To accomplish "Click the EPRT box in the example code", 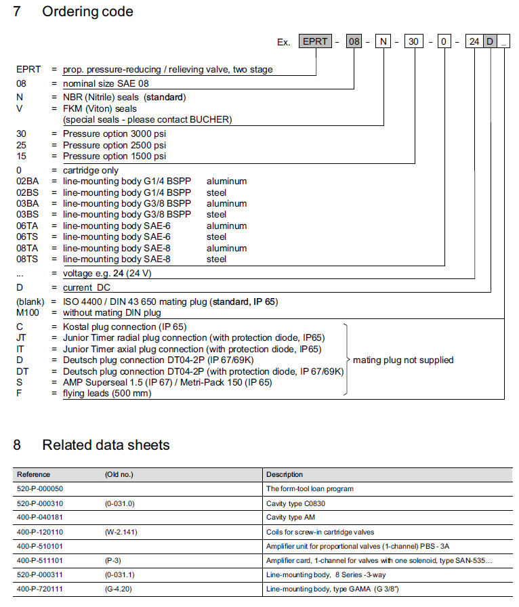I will point(315,42).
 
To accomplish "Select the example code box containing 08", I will point(354,42).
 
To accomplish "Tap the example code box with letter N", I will point(383,42).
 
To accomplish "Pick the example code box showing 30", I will point(414,42).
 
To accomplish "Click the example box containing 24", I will point(474,42).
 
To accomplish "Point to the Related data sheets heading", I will point(105,445).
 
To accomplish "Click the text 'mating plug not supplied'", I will point(403,360).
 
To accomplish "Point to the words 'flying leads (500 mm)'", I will point(107,394).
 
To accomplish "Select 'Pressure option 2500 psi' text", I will point(115,145).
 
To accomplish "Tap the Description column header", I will point(285,474).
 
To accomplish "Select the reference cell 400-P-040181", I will point(40,517).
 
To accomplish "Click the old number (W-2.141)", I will point(121,532).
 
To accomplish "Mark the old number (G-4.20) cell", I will point(120,589).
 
